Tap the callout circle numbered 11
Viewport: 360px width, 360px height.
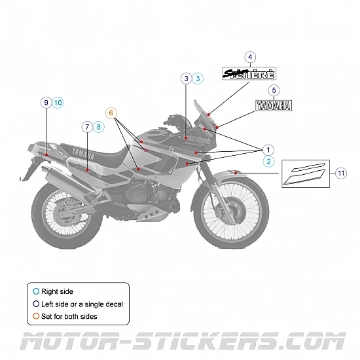click(x=341, y=173)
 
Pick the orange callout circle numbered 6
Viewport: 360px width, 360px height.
click(x=112, y=113)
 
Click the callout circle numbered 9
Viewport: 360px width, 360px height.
click(x=45, y=102)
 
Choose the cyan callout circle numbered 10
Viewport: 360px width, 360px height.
click(x=58, y=102)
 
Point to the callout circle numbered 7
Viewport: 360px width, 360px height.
click(x=86, y=126)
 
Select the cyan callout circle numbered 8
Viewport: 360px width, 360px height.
click(x=99, y=126)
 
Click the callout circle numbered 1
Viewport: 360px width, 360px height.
click(x=268, y=149)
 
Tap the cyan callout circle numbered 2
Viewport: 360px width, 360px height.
click(x=268, y=161)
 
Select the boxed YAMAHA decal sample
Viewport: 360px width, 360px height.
click(x=274, y=105)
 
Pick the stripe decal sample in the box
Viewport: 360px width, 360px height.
click(x=306, y=174)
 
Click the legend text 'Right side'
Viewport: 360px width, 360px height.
click(x=57, y=291)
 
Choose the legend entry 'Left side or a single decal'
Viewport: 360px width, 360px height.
click(x=82, y=304)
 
